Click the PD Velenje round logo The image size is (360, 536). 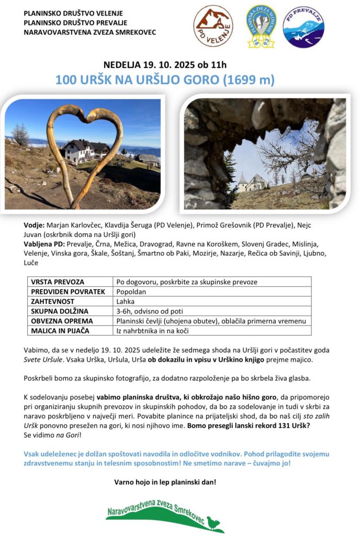pos(213,26)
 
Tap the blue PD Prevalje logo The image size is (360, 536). pos(303,27)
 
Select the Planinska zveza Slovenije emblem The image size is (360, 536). pos(260,26)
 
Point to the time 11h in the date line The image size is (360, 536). pos(218,65)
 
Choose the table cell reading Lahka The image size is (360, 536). pos(126,301)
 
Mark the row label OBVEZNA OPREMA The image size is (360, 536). pos(62,321)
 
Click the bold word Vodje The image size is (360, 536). pos(34,225)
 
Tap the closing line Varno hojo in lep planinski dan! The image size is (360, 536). pos(165,482)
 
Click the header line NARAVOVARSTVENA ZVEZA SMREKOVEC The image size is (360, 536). pos(89,32)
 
